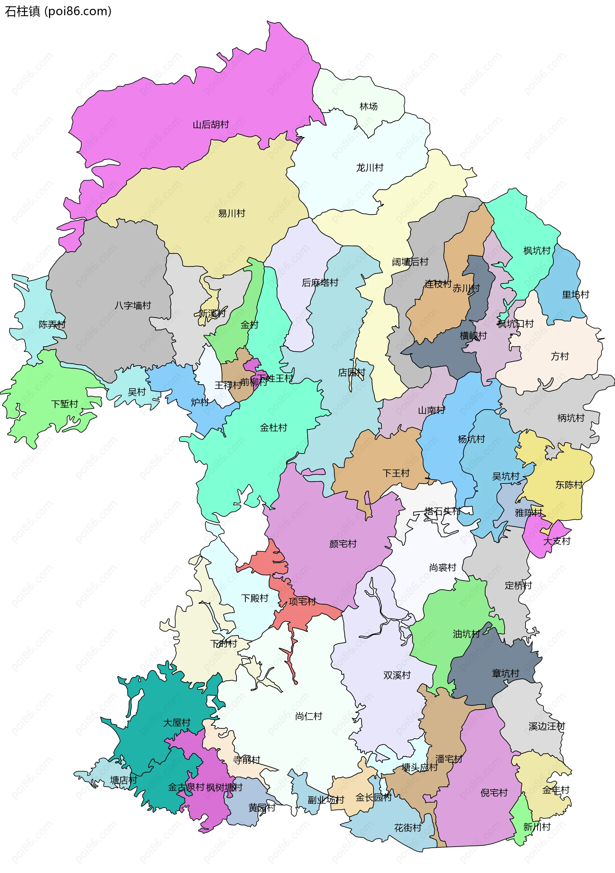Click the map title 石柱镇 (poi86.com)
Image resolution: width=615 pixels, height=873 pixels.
(x=58, y=12)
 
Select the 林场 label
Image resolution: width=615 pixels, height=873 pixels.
(x=369, y=107)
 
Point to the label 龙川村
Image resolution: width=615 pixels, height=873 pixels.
(x=369, y=168)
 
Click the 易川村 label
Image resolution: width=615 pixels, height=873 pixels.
(x=231, y=213)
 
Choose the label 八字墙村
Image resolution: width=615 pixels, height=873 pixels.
(x=133, y=305)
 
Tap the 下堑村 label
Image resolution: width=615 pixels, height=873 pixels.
(x=65, y=404)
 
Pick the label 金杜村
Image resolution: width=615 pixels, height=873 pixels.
(x=273, y=428)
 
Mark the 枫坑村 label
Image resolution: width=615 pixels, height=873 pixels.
(x=537, y=251)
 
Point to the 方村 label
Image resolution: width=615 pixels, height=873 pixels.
(x=560, y=356)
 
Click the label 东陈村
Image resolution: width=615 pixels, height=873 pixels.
(x=569, y=485)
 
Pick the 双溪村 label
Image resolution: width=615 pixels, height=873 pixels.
(x=397, y=675)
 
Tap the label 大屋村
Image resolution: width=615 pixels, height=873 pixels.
(x=176, y=723)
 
